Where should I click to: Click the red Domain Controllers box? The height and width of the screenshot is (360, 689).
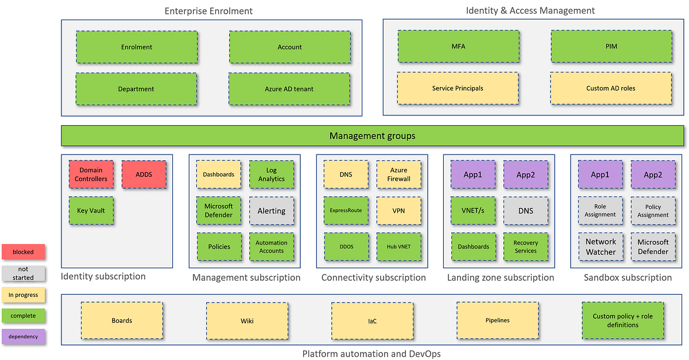pos(91,175)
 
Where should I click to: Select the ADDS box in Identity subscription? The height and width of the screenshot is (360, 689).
pos(144,175)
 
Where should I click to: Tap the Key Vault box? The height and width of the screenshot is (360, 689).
pos(91,211)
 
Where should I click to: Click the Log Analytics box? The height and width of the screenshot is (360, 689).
pos(272,175)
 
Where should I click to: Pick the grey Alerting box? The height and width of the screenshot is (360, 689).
pos(272,211)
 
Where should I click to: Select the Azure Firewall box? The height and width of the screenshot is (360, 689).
pos(399,175)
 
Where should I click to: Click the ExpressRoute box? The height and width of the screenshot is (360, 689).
pos(346,211)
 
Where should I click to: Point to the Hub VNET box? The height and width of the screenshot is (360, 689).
pos(399,247)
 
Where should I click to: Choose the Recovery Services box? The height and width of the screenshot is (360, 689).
pos(526,247)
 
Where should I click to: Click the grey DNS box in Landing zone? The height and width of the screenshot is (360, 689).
pos(526,211)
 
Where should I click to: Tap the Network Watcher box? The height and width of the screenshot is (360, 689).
pos(601,247)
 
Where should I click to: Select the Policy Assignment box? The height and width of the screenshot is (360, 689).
pos(653,211)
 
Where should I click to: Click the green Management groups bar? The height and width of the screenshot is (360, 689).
pos(372,136)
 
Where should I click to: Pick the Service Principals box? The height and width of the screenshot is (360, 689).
pos(458,88)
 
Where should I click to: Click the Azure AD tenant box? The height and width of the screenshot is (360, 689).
pos(289,89)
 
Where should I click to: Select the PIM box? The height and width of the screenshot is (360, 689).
pos(611,47)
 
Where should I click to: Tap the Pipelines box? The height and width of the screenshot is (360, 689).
pos(497,320)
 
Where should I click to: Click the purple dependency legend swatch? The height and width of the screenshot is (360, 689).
pos(24,336)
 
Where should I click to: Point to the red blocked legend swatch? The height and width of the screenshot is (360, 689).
pos(24,252)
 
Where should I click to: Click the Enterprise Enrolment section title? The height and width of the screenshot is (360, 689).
pos(208,11)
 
